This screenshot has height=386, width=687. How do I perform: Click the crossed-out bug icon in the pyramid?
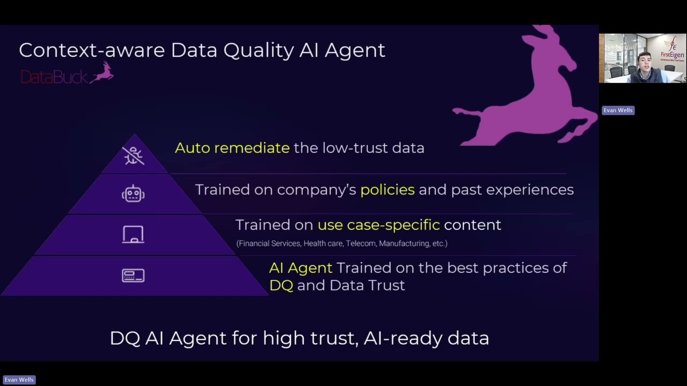click(133, 155)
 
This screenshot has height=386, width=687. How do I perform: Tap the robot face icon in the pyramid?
click(133, 194)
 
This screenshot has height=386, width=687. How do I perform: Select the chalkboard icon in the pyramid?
click(133, 234)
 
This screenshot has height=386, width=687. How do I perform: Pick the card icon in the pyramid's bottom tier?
click(133, 276)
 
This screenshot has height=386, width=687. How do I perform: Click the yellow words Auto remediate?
click(232, 148)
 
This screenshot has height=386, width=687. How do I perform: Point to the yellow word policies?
click(387, 190)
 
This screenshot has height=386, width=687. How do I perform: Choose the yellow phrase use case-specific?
click(378, 225)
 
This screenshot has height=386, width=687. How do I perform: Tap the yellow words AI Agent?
click(300, 268)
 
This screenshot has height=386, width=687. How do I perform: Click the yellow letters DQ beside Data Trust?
click(281, 285)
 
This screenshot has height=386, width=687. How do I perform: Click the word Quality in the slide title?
click(259, 50)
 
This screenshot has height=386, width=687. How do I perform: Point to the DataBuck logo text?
click(53, 77)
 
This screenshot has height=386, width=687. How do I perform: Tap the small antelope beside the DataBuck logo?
click(102, 73)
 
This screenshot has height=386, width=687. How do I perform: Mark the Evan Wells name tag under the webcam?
click(618, 110)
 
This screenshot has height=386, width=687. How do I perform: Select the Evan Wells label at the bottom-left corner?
click(19, 380)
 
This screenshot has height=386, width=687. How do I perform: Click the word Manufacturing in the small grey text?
click(404, 243)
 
